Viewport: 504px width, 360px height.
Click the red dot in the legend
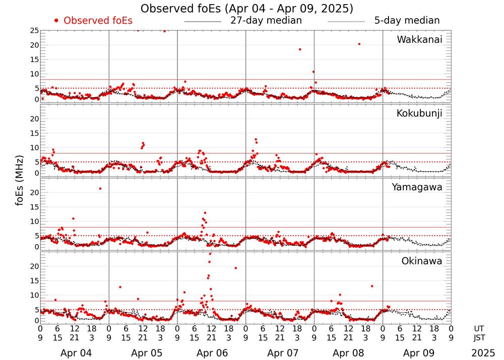coord(56,21)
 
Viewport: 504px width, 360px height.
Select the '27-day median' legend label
coord(266,21)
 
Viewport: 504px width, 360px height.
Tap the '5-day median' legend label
coord(407,21)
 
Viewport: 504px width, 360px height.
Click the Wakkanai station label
coord(419,39)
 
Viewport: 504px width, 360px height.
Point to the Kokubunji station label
coord(419,113)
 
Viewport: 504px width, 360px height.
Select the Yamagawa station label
coord(417,187)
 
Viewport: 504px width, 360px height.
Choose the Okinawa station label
coord(422,261)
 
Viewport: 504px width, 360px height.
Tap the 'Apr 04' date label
coord(75,352)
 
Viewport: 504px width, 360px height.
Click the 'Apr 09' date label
coord(417,352)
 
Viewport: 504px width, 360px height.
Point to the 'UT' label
coord(479,328)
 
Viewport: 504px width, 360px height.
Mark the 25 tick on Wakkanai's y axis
coord(34,31)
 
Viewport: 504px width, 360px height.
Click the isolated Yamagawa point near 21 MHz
coord(100,189)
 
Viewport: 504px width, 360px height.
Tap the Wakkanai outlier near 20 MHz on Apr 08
coord(359,44)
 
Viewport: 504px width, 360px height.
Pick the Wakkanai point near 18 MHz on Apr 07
coord(300,49)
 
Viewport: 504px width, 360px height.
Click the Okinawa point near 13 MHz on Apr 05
coord(120,287)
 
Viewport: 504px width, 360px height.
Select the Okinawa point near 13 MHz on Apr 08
coord(371,286)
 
